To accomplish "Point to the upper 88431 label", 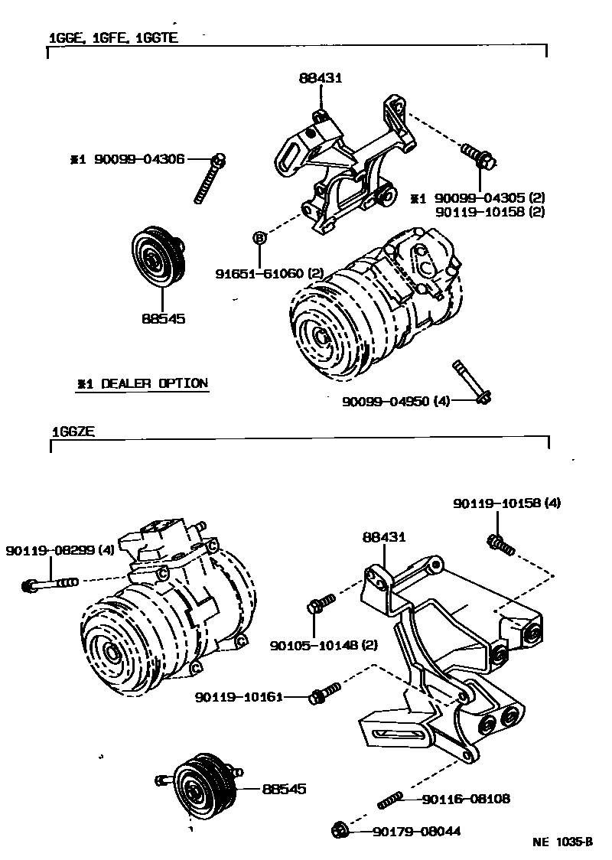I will [x=320, y=78].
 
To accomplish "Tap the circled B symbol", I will [x=259, y=238].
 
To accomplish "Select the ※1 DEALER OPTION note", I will [x=142, y=383].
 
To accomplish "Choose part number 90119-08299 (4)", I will [x=60, y=550].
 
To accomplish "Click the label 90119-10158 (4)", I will [x=506, y=503].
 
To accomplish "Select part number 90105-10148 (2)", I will [x=324, y=645].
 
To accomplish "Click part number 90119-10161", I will [x=239, y=697].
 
